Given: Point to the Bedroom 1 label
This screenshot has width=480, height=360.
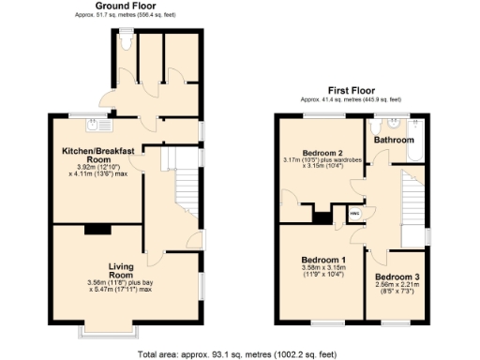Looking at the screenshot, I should tap(322, 260).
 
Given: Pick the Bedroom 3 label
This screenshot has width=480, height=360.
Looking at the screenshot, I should tap(397, 277).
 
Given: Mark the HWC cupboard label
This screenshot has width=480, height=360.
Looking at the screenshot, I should tap(354, 214).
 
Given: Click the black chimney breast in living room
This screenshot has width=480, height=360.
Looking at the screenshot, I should tap(97, 229).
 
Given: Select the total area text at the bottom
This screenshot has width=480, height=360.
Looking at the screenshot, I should tap(240, 354).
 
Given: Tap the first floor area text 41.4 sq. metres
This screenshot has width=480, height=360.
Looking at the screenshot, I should tap(350, 98).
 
